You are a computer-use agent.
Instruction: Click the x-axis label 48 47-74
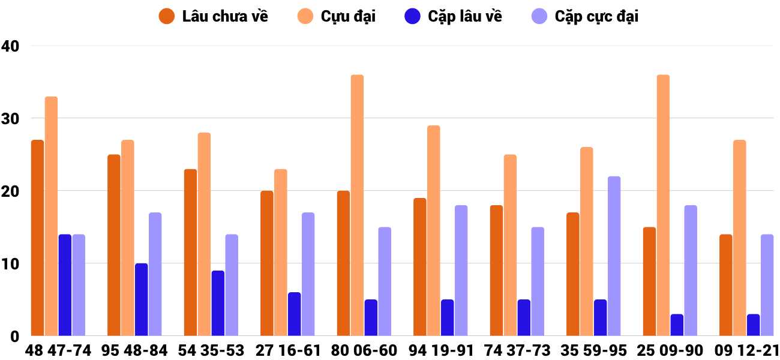point(58,350)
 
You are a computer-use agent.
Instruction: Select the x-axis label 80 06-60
point(364,350)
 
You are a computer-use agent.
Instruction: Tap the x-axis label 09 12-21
point(746,350)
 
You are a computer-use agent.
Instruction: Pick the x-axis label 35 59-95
point(593,350)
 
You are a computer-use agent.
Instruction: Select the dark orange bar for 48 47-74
point(37,238)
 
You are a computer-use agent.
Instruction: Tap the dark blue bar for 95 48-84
point(141,299)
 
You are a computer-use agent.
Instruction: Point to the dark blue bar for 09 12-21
point(753,325)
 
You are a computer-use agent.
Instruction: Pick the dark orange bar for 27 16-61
point(267,263)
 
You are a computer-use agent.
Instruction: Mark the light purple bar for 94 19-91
point(461,271)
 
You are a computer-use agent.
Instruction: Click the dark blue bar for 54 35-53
point(218,303)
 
